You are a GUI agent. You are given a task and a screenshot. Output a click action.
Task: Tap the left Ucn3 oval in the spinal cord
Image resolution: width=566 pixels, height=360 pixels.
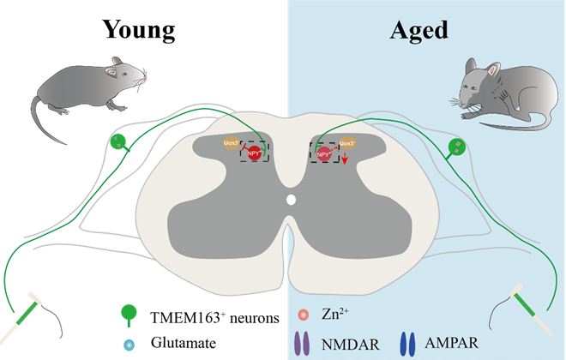[x=231, y=144]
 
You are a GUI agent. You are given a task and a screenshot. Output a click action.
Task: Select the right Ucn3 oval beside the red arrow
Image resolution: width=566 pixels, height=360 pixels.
[x=347, y=144]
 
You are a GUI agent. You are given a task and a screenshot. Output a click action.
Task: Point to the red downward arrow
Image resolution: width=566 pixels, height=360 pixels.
[x=344, y=159]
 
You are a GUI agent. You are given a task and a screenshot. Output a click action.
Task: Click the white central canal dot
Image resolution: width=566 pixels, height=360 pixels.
[x=291, y=200]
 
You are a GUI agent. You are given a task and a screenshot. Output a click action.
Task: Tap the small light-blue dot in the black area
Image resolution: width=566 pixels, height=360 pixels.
[x=129, y=344]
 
